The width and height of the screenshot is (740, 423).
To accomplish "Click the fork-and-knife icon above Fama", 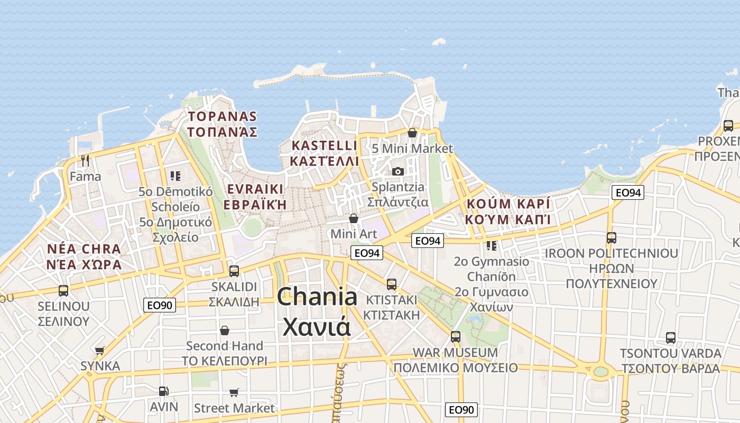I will (85, 160).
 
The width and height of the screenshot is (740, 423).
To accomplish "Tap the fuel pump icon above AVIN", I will (164, 391).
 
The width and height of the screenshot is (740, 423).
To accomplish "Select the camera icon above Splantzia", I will (398, 171).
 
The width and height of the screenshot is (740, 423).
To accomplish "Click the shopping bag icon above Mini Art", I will (354, 218).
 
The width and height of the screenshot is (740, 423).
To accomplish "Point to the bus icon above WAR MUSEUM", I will (455, 336).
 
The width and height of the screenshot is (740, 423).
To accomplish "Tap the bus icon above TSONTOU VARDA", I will (670, 337).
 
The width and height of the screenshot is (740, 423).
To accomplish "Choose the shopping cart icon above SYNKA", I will (99, 350).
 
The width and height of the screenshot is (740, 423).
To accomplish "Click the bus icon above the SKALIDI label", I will (234, 271).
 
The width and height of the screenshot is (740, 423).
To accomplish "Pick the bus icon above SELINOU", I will (63, 290).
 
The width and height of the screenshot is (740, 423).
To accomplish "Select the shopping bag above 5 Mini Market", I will (412, 133).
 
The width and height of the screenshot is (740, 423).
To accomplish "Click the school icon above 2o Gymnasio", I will (492, 246).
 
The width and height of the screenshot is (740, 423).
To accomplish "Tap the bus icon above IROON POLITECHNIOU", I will (612, 238).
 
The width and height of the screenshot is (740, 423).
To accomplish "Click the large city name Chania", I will (317, 297).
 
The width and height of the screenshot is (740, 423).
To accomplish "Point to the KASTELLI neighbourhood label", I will (325, 145).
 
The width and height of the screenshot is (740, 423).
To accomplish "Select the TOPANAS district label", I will (223, 117).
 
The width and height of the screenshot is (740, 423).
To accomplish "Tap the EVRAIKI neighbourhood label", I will (255, 189).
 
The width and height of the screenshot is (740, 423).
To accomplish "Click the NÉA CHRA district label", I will (84, 249).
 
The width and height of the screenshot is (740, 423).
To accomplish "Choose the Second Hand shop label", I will (225, 346).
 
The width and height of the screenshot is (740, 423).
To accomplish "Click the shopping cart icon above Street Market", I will (234, 392).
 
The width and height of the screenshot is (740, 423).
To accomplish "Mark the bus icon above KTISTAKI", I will (391, 284).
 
